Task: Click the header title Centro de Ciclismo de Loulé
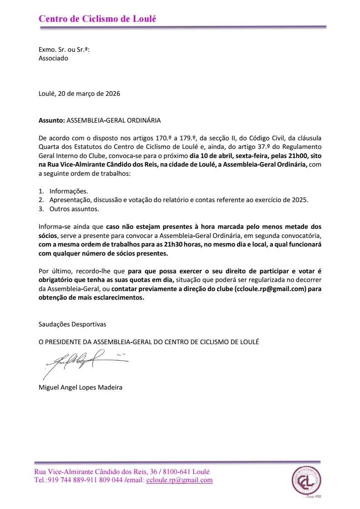click(x=97, y=19)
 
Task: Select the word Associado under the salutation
click(x=53, y=58)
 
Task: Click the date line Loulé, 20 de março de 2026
click(x=79, y=94)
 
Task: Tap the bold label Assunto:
click(x=52, y=121)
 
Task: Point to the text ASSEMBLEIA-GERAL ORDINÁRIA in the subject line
click(x=113, y=121)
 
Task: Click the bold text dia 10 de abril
click(x=210, y=155)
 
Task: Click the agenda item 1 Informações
click(x=69, y=191)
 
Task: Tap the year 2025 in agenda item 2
click(x=299, y=200)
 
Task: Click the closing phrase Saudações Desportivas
click(x=72, y=324)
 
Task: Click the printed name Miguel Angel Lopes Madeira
click(x=80, y=387)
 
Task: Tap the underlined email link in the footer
click(x=179, y=480)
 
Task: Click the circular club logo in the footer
click(x=306, y=481)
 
